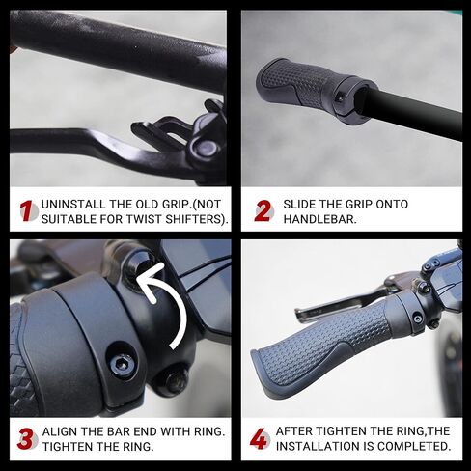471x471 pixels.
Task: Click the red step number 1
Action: (27, 211)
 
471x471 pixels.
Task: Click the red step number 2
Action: (263, 211)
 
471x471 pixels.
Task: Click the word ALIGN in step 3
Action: (65, 430)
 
